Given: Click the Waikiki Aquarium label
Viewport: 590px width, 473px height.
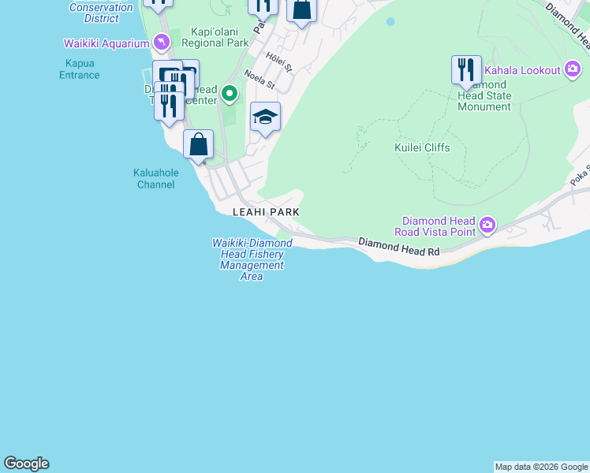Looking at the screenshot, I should [106, 43].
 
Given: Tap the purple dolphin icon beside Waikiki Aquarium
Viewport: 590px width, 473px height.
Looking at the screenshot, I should [162, 41].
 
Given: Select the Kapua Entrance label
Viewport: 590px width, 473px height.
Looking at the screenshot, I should [80, 69].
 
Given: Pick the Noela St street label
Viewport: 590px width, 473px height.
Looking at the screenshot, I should [259, 79].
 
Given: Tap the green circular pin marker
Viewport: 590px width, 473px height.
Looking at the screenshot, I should [230, 95].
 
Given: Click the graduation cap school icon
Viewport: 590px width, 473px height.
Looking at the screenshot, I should [265, 117].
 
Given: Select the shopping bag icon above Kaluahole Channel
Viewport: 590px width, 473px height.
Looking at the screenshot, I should [198, 144].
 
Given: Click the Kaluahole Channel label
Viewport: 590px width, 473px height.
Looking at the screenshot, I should [155, 179].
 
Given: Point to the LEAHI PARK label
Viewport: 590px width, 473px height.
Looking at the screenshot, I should [266, 212].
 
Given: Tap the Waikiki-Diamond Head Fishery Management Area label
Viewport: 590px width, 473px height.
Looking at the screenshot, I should [252, 259].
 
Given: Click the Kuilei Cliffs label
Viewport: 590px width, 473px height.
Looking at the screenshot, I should [422, 147].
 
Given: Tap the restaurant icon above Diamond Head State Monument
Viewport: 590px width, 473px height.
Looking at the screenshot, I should [466, 69].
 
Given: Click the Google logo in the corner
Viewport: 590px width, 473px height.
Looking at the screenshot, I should [26, 464].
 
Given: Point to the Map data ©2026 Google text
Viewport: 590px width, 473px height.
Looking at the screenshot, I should [541, 467].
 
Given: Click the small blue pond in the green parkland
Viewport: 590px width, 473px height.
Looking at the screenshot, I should [390, 22].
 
